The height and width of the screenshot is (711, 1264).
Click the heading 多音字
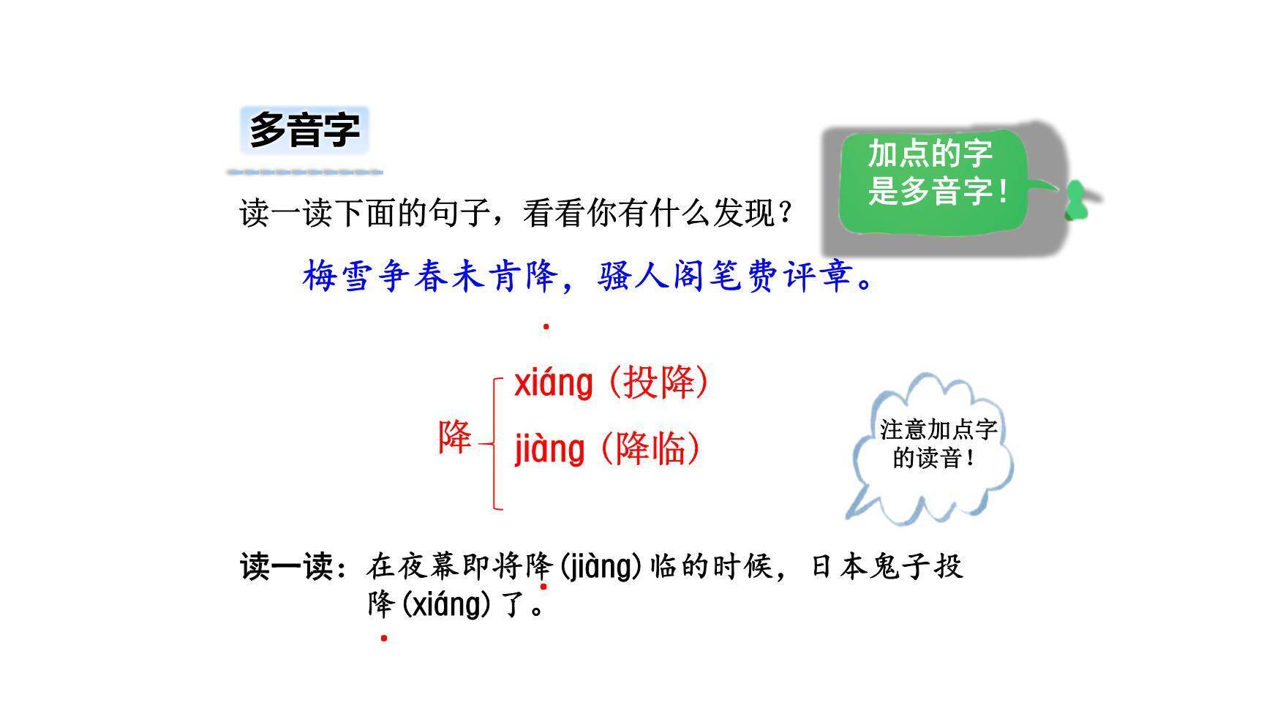tap(304, 130)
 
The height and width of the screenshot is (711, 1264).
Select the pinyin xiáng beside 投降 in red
tap(553, 383)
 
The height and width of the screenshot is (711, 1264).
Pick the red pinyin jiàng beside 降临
tap(549, 449)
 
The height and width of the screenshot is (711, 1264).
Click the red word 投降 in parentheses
tap(658, 382)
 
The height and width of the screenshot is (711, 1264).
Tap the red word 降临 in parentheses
tap(650, 448)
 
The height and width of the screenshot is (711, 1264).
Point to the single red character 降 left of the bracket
tap(455, 437)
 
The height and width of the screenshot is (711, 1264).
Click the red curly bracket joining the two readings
tap(496, 443)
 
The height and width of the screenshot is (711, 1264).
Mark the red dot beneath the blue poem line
tap(546, 327)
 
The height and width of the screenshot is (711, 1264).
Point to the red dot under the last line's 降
tap(384, 638)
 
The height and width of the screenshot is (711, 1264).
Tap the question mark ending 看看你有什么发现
tap(785, 214)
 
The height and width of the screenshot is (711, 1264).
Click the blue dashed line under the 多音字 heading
tap(304, 173)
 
